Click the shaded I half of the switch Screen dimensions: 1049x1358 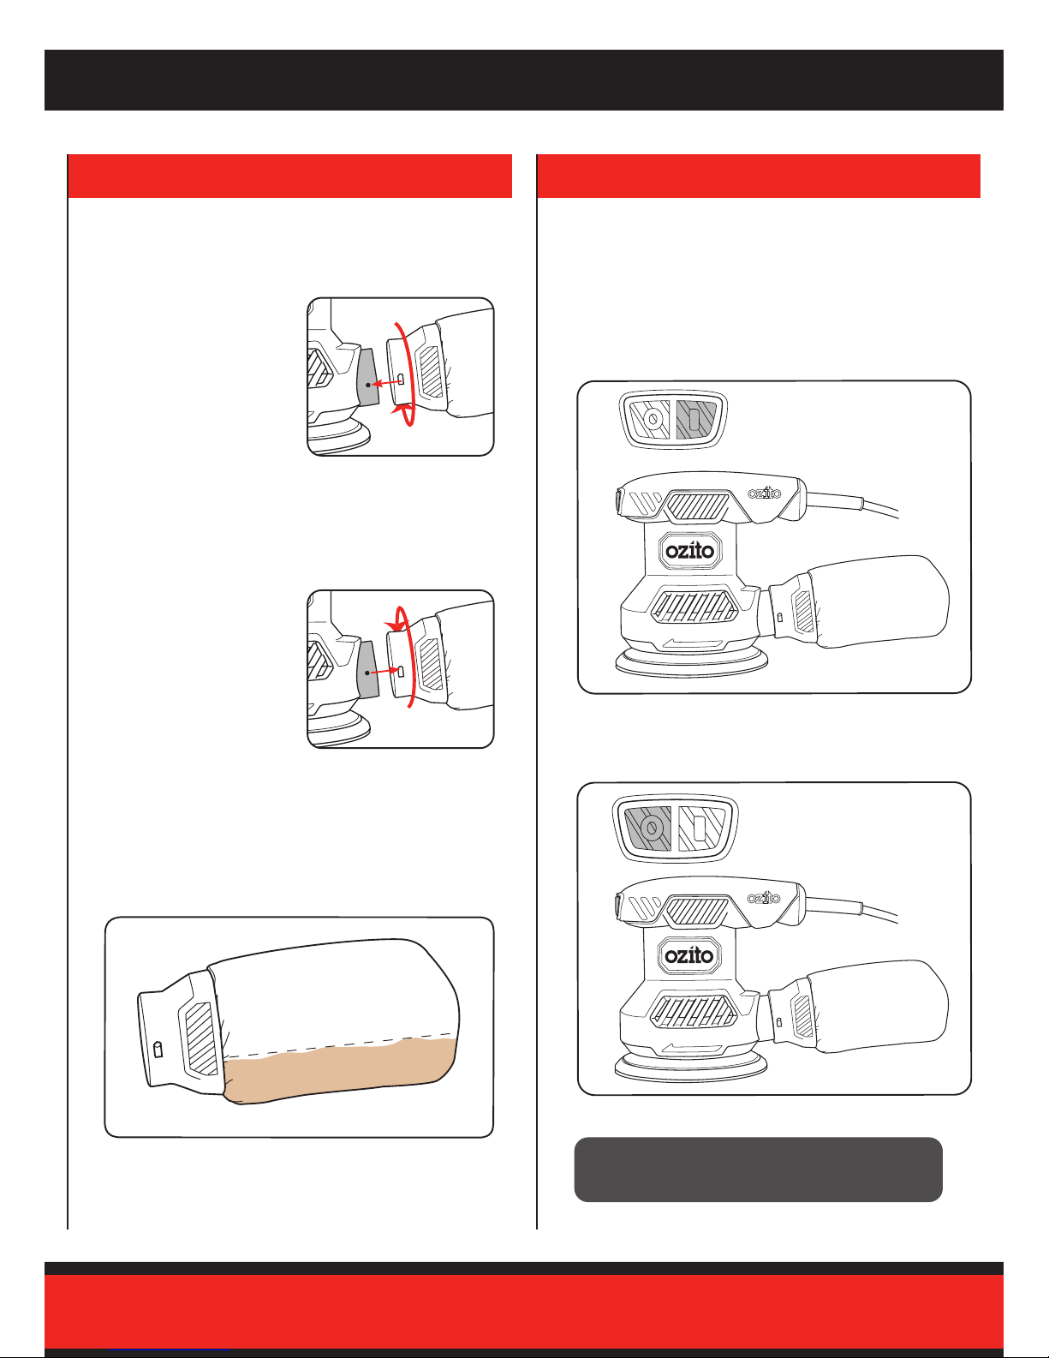[696, 419]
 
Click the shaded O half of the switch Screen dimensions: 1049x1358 [648, 828]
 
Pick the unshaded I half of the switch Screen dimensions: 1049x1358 [702, 828]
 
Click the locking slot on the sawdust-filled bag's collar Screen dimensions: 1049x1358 [158, 1050]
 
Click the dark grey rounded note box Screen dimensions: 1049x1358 [758, 1170]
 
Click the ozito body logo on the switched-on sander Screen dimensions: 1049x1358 [690, 551]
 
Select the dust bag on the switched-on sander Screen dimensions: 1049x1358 [859, 601]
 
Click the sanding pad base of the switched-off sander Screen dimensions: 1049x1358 [691, 1068]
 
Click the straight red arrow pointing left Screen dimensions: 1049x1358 [386, 382]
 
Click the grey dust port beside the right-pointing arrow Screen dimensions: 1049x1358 [368, 668]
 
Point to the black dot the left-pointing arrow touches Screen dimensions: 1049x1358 [368, 385]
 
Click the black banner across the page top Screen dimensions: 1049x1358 [524, 80]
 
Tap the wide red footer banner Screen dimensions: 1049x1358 [524, 1311]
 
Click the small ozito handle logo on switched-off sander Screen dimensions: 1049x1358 [764, 898]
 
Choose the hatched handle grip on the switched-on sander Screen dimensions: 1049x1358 [698, 507]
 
